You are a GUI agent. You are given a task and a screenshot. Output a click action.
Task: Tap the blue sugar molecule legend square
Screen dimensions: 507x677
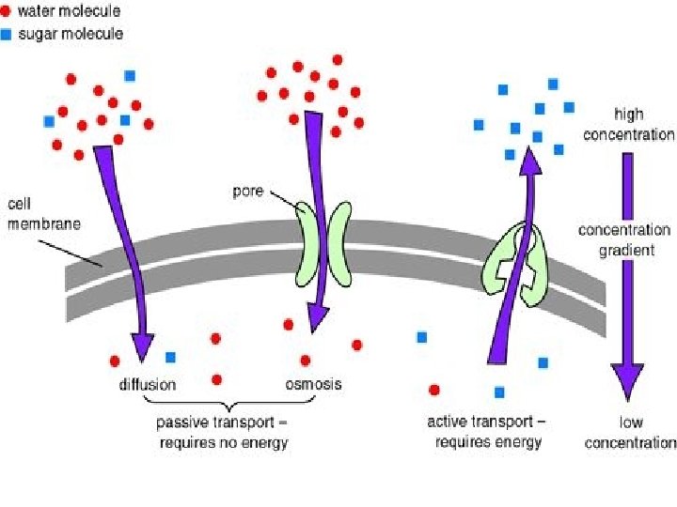click(x=8, y=35)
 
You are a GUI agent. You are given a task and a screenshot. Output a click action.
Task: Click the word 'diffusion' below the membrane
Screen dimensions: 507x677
click(x=147, y=385)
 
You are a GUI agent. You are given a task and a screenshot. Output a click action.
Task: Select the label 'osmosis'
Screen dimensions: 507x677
click(x=313, y=384)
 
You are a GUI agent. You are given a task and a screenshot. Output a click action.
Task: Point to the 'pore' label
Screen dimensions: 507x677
click(x=248, y=192)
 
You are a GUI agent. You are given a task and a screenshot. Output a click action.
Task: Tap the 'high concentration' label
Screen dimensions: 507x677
click(x=628, y=124)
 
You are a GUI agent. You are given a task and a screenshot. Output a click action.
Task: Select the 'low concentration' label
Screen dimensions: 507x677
click(x=629, y=434)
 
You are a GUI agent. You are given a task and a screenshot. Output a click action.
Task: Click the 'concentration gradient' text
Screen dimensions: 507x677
click(x=624, y=238)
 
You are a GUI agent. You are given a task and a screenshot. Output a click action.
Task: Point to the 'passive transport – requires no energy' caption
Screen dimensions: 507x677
click(x=222, y=434)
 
